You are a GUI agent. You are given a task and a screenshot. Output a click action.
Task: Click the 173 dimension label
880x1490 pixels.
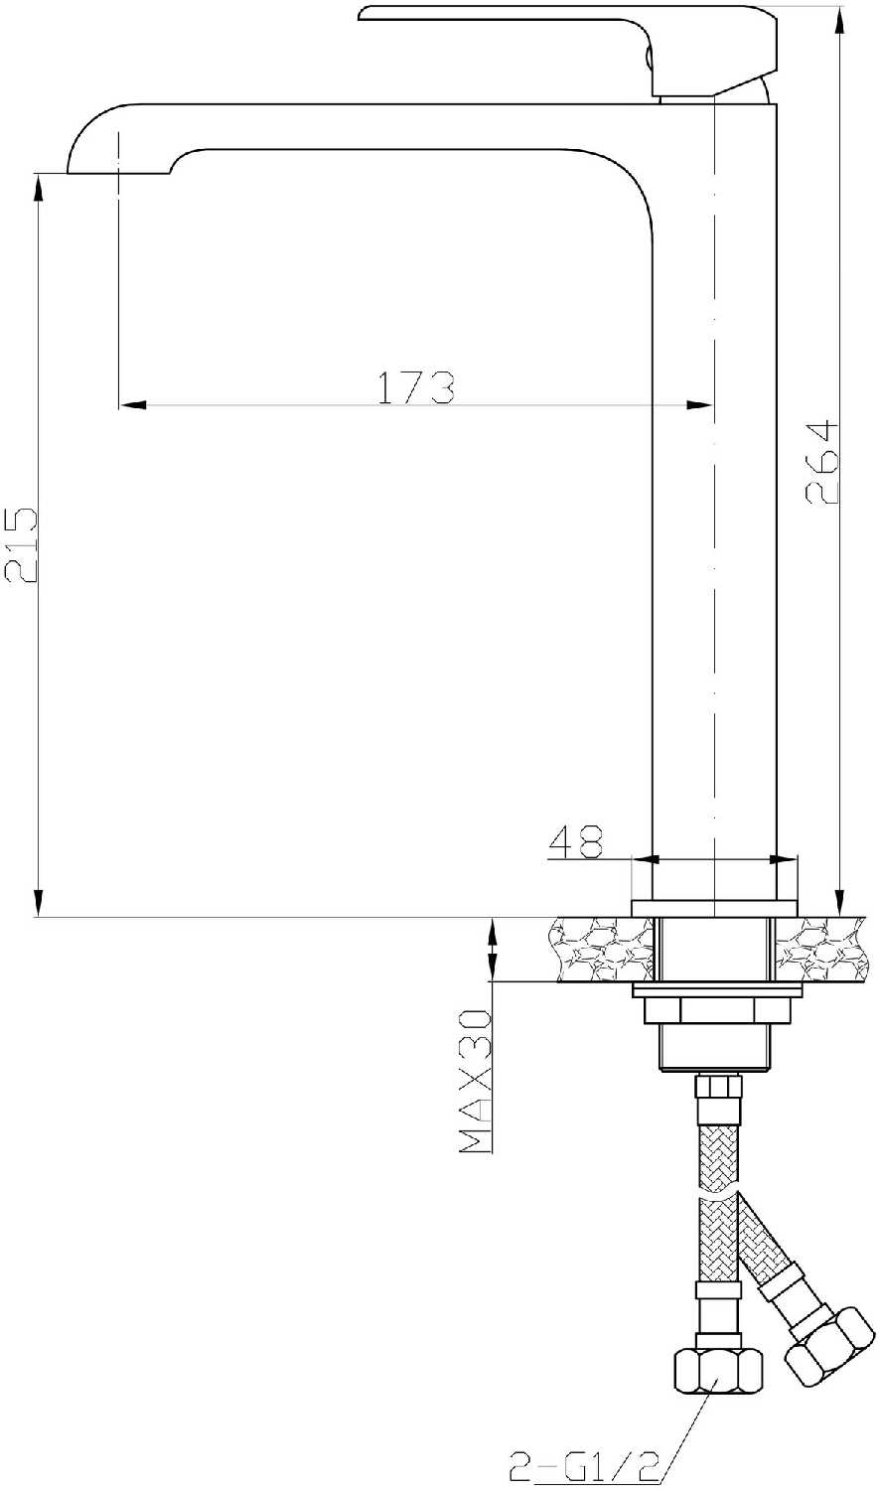tap(416, 387)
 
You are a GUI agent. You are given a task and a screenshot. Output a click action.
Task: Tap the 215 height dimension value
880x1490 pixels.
tap(21, 544)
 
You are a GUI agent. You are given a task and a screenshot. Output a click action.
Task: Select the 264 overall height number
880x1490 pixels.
tap(820, 461)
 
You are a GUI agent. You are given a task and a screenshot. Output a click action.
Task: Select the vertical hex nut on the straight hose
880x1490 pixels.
tap(718, 1370)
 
